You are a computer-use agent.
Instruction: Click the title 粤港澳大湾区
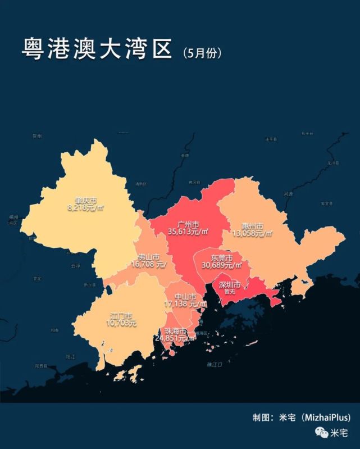(x=96, y=49)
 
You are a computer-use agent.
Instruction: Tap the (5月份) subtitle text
(x=202, y=53)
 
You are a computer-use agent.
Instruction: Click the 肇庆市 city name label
(x=86, y=200)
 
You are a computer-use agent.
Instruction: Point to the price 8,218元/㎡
(x=86, y=207)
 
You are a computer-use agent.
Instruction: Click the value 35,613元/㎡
(x=188, y=230)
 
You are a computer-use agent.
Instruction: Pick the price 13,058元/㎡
(x=253, y=234)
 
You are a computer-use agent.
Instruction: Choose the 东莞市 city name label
(x=221, y=257)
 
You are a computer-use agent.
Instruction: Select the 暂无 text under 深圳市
(x=229, y=292)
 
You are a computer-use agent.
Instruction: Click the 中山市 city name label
(x=185, y=297)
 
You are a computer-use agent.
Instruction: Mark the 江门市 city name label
(x=121, y=316)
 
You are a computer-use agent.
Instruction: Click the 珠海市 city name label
(x=176, y=331)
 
